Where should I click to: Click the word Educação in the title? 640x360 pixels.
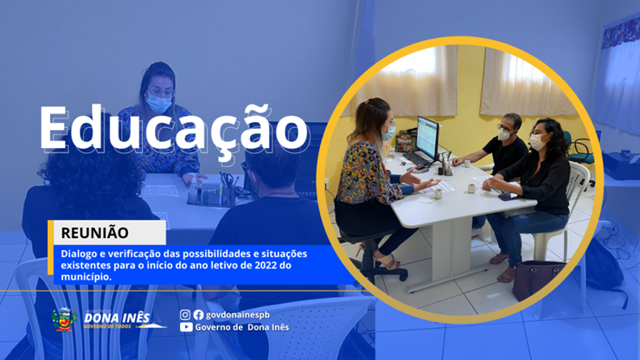pyautogui.click(x=174, y=129)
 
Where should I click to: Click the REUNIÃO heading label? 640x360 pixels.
pyautogui.click(x=94, y=233)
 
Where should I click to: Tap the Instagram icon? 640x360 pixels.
pyautogui.click(x=185, y=315)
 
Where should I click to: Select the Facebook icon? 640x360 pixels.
pyautogui.click(x=198, y=315)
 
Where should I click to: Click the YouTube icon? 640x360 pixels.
pyautogui.click(x=186, y=327)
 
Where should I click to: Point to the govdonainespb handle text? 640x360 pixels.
pyautogui.click(x=238, y=315)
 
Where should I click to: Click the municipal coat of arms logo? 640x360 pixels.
pyautogui.click(x=64, y=320)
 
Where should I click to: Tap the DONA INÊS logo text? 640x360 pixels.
pyautogui.click(x=117, y=318)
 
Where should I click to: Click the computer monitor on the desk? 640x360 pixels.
pyautogui.click(x=427, y=138)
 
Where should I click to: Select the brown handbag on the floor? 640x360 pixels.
pyautogui.click(x=536, y=279)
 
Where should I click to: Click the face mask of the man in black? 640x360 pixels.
pyautogui.click(x=504, y=134)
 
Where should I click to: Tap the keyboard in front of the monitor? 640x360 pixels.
pyautogui.click(x=414, y=159)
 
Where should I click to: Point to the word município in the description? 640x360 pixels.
pyautogui.click(x=86, y=277)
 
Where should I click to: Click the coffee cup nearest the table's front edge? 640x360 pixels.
pyautogui.click(x=438, y=194)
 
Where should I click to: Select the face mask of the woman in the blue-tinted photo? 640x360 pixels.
pyautogui.click(x=159, y=103)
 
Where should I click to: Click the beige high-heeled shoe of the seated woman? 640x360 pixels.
pyautogui.click(x=386, y=261)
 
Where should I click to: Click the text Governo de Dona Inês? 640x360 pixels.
pyautogui.click(x=242, y=327)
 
